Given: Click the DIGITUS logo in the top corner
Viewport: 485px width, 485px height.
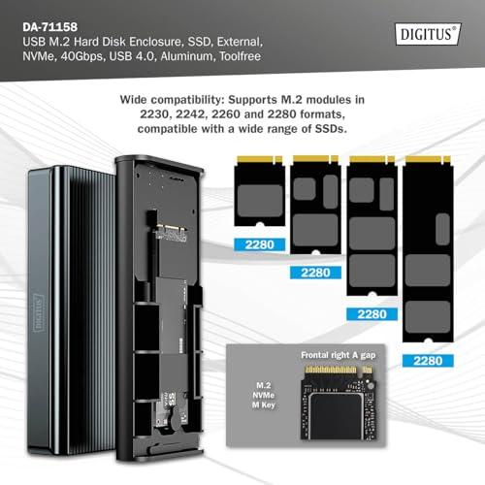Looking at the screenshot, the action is click(428, 34).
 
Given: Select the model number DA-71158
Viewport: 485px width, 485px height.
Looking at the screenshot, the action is click(50, 27).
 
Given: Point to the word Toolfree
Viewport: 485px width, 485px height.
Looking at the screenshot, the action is click(241, 56).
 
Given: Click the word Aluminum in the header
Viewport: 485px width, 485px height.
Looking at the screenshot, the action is click(188, 56).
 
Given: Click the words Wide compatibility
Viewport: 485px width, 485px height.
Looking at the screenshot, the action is click(172, 100).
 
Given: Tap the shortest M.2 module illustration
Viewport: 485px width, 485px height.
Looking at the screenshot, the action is click(260, 191).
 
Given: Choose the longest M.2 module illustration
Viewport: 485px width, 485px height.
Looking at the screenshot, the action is click(428, 248).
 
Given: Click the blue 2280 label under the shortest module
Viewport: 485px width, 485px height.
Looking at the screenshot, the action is click(260, 244).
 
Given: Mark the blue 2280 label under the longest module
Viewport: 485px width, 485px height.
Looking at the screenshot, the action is click(428, 361).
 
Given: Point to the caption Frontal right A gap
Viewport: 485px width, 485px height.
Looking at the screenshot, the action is click(339, 355).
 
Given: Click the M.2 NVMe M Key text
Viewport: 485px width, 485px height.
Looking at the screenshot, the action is click(264, 395).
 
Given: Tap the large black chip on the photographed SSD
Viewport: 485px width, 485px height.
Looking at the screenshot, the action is click(336, 416).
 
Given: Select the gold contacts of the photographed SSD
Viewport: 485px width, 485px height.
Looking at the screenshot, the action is click(339, 370).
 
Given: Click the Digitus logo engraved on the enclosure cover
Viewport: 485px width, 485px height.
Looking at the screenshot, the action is click(38, 312).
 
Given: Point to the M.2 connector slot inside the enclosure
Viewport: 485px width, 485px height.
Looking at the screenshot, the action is click(171, 233).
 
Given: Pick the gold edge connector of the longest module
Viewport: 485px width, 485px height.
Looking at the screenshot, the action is click(428, 159).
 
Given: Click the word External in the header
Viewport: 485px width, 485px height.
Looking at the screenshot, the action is click(240, 42).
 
